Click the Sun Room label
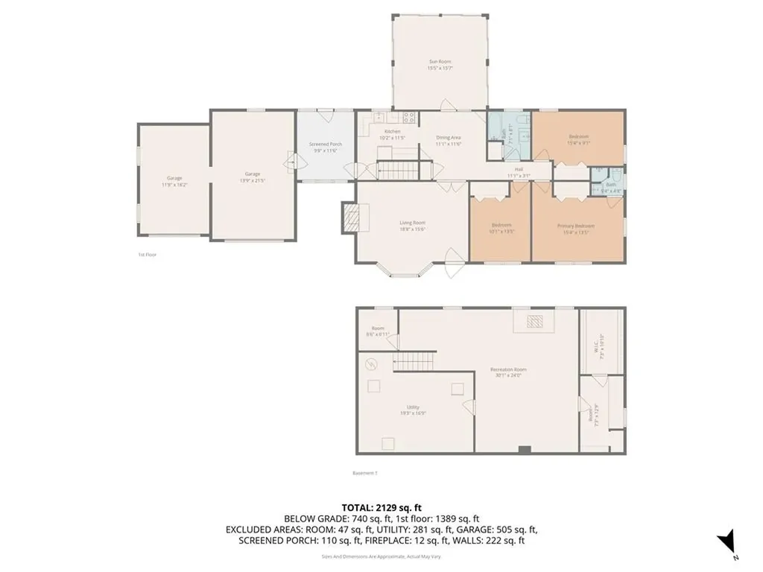tap(440, 65)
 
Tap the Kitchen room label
tap(392, 135)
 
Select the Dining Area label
tap(449, 140)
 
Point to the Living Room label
tap(412, 226)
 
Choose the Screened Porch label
tap(326, 147)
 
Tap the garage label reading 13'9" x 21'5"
tap(253, 177)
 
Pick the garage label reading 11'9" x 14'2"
tap(174, 181)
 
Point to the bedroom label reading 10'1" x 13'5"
tap(501, 228)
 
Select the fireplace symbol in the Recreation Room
tap(534, 322)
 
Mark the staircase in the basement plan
tap(414, 363)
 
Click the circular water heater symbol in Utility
tap(371, 364)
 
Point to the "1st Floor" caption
tap(147, 255)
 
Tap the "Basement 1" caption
tap(365, 472)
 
